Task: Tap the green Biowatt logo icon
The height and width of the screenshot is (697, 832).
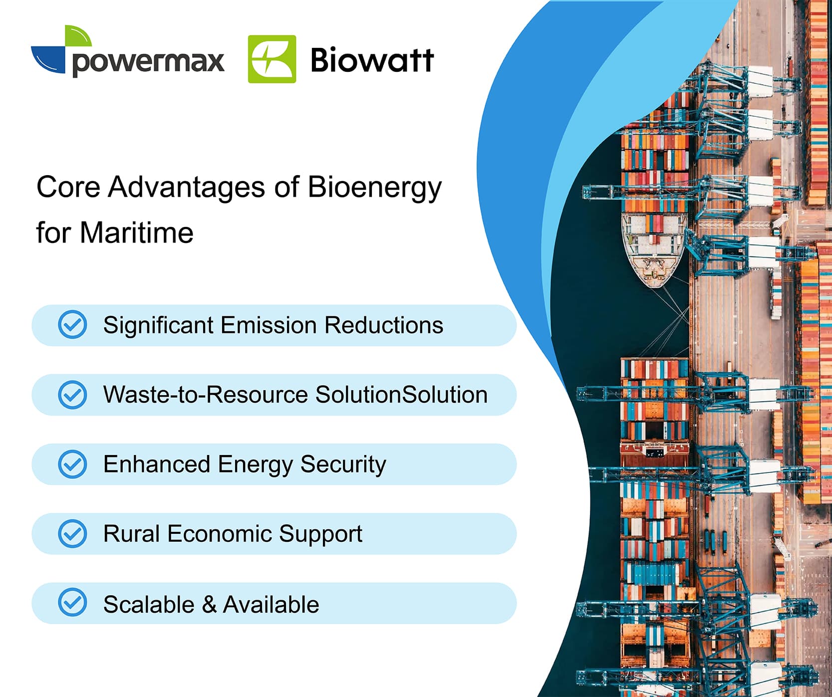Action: pos(272,59)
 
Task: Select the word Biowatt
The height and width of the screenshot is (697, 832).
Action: pos(372,60)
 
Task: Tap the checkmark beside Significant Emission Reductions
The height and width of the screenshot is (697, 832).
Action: pos(72,325)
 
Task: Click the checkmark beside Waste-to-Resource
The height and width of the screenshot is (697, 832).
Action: pos(72,395)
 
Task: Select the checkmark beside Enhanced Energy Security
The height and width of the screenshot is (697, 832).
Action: pos(72,464)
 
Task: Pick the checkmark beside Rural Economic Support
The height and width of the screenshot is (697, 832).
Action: pos(72,533)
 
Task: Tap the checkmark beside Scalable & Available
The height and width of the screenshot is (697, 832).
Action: pos(72,602)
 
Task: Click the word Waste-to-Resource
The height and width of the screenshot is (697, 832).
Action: pos(206,395)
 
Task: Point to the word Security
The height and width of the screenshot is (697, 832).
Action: pos(343,465)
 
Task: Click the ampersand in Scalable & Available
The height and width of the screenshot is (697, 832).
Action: pos(209,605)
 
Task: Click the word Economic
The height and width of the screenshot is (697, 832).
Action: pos(220,533)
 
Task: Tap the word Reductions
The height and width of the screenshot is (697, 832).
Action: pos(384,325)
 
